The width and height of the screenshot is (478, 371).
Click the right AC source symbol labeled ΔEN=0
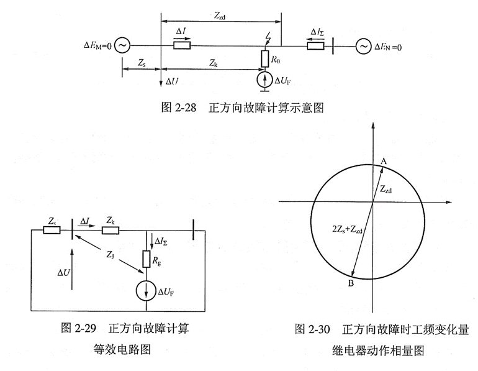[x=364, y=45]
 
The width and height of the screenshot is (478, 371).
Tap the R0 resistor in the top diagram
[x=265, y=60]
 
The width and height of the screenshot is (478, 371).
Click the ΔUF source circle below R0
[x=265, y=80]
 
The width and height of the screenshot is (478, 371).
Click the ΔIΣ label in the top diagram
[x=317, y=31]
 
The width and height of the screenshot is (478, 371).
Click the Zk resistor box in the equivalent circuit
[x=110, y=231]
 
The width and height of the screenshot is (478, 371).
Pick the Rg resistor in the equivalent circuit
[x=147, y=259]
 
